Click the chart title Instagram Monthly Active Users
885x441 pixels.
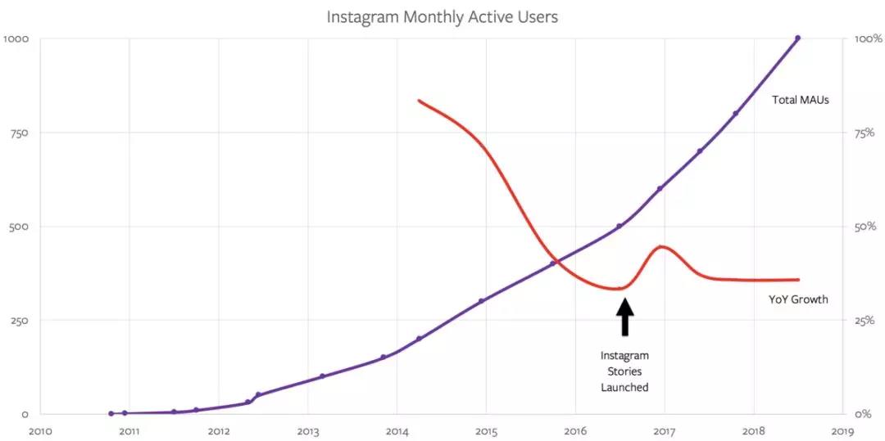pos(442,16)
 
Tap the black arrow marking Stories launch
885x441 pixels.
pos(624,318)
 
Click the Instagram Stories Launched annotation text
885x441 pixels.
pos(624,371)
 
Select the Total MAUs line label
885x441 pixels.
pos(801,100)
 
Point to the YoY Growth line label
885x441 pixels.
pos(799,299)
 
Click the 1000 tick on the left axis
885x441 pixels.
pos(16,38)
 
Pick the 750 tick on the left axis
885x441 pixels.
pos(18,133)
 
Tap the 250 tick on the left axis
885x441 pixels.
pos(18,320)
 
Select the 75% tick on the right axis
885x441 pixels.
pos(865,133)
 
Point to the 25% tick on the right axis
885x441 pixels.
pos(865,320)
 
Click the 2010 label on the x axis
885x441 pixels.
pos(39,430)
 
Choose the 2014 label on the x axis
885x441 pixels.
pos(397,430)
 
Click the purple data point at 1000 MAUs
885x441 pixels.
pos(797,38)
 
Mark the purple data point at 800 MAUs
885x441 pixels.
pos(735,114)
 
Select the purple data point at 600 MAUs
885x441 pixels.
pos(660,188)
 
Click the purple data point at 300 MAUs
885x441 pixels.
pos(481,301)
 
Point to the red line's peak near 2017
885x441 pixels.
pos(661,246)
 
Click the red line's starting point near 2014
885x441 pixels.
pos(419,101)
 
